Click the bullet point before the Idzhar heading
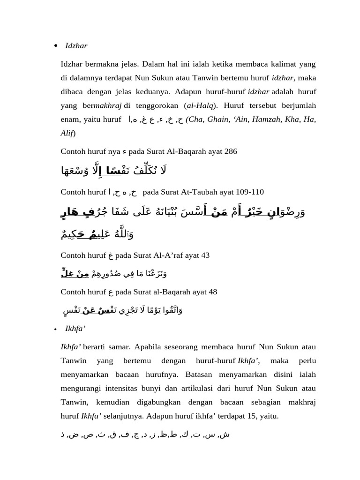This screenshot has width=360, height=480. [x=56, y=46]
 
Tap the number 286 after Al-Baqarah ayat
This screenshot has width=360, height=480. [x=231, y=151]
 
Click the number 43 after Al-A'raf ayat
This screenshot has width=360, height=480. [x=204, y=255]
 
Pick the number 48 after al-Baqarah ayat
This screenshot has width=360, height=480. [x=211, y=292]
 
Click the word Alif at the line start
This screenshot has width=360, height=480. [x=67, y=133]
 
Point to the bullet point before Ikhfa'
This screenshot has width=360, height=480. [x=56, y=329]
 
